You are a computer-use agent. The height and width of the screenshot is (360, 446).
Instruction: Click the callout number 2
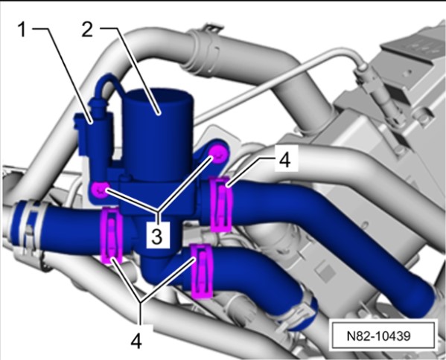tap(87, 30)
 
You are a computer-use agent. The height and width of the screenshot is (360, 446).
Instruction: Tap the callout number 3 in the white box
tap(156, 237)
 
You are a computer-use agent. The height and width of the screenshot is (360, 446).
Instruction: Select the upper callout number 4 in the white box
tap(284, 159)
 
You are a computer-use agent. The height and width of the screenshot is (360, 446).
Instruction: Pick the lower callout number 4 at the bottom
tap(136, 341)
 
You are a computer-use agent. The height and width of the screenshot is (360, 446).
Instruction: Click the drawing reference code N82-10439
tap(378, 336)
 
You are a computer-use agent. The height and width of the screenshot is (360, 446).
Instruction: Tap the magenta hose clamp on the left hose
tap(112, 236)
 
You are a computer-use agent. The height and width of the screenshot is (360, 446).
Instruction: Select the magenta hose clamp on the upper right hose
tap(220, 204)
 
